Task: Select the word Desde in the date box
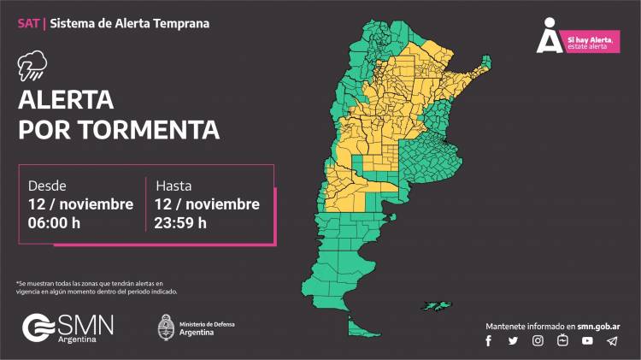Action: tap(47, 186)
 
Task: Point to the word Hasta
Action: tap(173, 186)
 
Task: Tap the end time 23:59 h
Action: tap(181, 223)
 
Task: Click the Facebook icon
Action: tap(489, 340)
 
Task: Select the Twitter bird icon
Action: tap(513, 340)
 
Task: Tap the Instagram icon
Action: tap(538, 340)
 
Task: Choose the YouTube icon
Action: tap(587, 340)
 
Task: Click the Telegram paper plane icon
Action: tap(611, 340)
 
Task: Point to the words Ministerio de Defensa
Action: tap(206, 324)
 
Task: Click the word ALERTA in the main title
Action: tap(66, 100)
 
